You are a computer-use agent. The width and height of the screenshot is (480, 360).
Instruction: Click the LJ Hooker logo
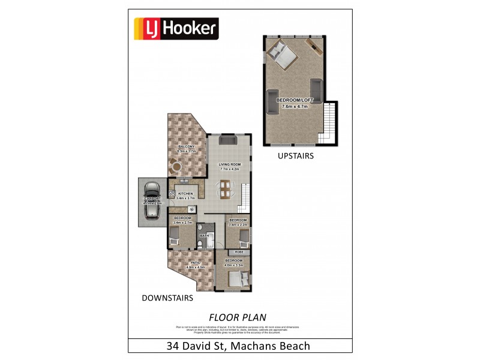[x=175, y=28]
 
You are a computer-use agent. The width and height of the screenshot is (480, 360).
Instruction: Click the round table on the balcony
[x=177, y=165]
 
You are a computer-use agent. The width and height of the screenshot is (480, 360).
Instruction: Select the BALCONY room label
[x=187, y=146]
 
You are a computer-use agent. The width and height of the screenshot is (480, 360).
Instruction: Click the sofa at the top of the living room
[x=228, y=140]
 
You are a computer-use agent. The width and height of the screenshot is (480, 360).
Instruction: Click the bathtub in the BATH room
[x=209, y=230]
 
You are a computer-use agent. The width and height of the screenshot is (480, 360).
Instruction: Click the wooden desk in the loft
[x=313, y=44]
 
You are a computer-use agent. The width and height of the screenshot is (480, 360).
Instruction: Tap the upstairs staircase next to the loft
[x=329, y=123]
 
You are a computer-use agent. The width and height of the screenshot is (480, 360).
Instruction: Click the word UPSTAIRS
[x=296, y=155]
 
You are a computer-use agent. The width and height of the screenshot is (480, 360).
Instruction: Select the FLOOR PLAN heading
[x=238, y=316]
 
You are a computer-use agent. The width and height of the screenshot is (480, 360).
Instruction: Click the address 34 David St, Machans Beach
[x=238, y=346]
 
